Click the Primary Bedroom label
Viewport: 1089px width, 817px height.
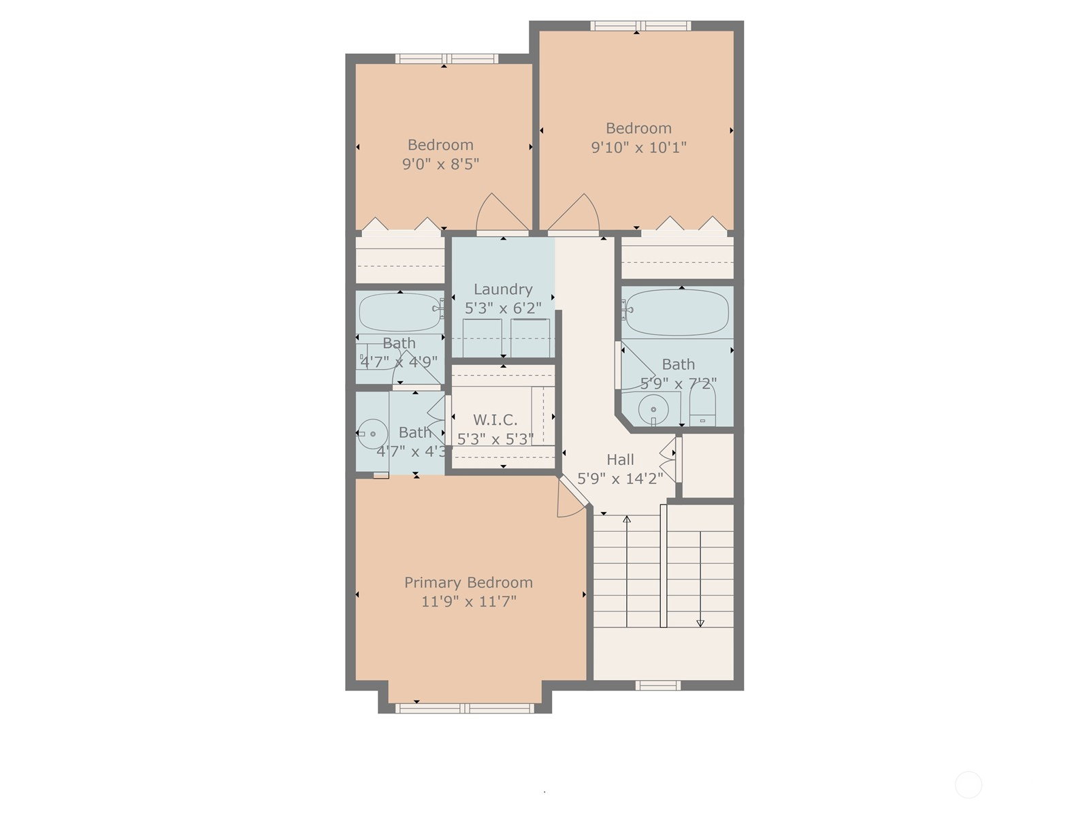click(x=468, y=582)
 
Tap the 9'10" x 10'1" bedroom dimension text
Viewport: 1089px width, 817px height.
click(x=638, y=147)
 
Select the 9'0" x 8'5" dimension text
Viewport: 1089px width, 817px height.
click(x=440, y=163)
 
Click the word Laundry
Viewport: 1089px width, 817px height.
click(x=502, y=290)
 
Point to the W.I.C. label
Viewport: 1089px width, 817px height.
click(x=495, y=420)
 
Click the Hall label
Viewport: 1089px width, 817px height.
click(x=620, y=460)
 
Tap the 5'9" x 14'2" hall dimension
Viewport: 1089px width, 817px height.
click(x=620, y=479)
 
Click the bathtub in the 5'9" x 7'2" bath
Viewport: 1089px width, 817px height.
click(x=677, y=313)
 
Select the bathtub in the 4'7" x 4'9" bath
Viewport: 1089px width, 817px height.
click(x=400, y=313)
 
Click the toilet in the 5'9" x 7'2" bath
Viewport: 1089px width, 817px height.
click(x=702, y=405)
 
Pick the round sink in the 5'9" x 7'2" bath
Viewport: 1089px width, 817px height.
click(x=653, y=409)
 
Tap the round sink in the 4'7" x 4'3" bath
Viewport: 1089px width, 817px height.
click(x=372, y=434)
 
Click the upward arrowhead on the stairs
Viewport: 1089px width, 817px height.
click(x=627, y=519)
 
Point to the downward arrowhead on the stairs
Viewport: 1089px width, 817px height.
click(x=700, y=623)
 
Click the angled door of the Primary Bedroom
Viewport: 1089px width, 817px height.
click(x=570, y=498)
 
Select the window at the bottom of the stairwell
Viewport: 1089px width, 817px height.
click(x=658, y=686)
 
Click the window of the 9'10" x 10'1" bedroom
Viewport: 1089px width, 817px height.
click(x=640, y=26)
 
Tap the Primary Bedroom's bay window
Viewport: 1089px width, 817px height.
click(x=465, y=708)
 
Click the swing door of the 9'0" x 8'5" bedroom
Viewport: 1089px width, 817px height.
click(x=502, y=213)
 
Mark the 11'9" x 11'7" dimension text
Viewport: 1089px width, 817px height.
click(x=469, y=602)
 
